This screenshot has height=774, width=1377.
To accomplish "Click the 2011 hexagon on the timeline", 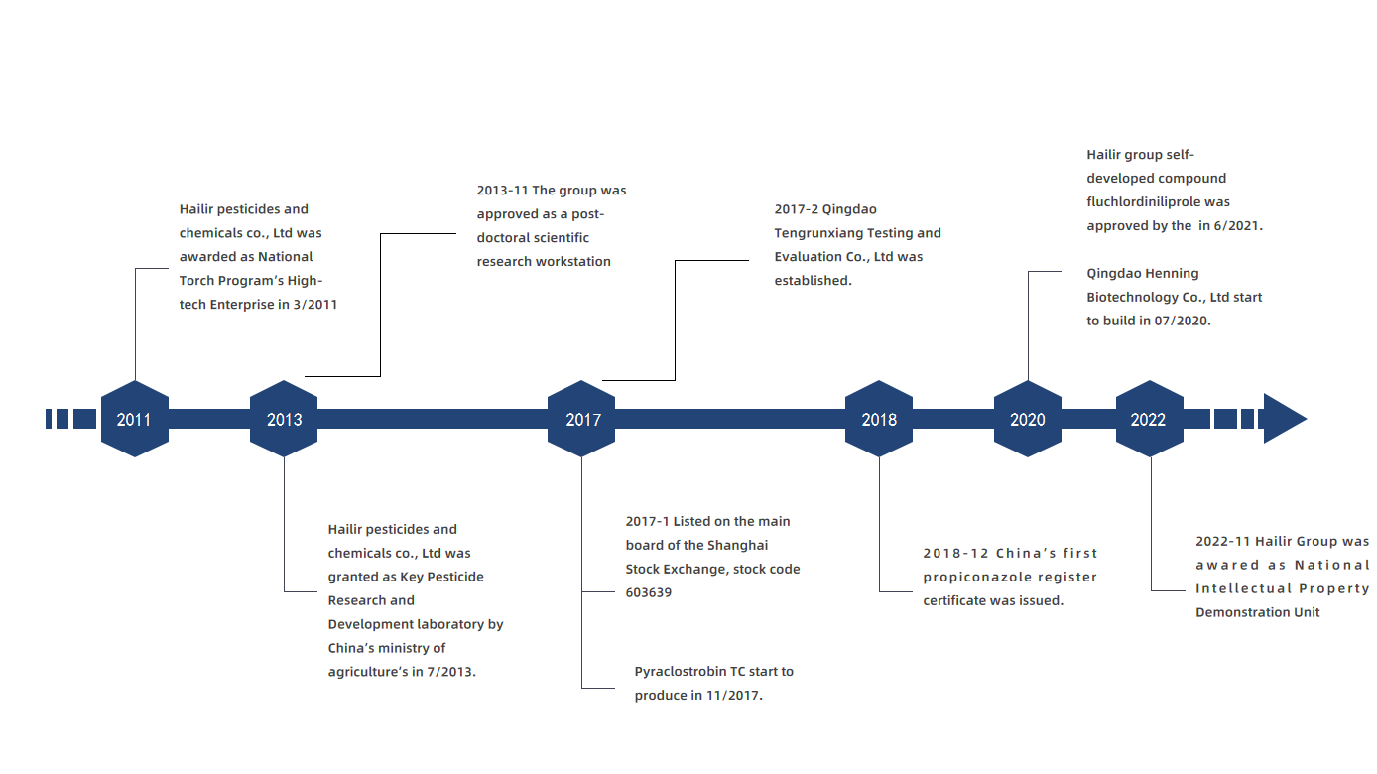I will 135,419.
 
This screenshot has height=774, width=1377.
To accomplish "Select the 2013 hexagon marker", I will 284,419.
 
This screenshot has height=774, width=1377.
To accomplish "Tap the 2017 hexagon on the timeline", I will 582,419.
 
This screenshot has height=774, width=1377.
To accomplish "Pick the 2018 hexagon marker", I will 879,419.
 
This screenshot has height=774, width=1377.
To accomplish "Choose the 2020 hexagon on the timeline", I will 1028,419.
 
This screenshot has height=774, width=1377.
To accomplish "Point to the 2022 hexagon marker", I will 1149,419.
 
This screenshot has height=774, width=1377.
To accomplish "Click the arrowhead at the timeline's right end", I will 1283,419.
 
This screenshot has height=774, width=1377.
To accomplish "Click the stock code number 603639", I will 647,592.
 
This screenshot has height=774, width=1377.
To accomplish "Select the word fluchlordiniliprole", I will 1146,202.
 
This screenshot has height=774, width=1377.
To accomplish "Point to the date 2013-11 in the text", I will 502,191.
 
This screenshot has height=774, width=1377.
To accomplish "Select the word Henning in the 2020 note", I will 1172,274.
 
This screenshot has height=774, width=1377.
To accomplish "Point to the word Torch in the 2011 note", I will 198,281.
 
